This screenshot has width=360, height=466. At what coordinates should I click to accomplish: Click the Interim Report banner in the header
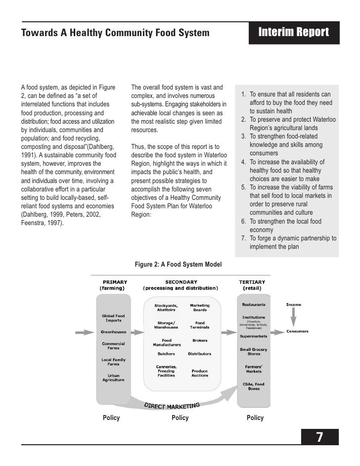coord(294,33)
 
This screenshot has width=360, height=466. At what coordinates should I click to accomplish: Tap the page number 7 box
coord(320,437)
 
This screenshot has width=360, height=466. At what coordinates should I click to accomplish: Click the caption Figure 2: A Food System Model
coord(179,265)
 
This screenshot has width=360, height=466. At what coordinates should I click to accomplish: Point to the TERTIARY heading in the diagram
coord(252,282)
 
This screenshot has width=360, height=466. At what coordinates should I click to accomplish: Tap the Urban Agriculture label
coord(113,377)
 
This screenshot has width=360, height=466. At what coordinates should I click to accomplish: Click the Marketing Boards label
coord(200,307)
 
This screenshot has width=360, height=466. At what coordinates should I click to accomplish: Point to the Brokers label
coord(200,340)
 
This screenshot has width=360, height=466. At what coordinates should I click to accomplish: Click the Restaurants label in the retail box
coord(253,304)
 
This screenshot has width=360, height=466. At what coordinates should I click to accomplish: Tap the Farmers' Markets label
coord(253,369)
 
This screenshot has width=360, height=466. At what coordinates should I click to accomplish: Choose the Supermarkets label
coord(253,336)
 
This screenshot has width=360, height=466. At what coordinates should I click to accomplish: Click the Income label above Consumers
coord(294,304)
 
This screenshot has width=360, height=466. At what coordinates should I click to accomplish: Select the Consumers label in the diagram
coord(298,331)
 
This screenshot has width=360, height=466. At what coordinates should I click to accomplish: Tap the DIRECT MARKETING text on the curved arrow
coord(172,405)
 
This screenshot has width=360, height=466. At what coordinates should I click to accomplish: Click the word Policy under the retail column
coord(255,418)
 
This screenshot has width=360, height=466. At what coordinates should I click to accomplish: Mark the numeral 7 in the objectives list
coord(243,238)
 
